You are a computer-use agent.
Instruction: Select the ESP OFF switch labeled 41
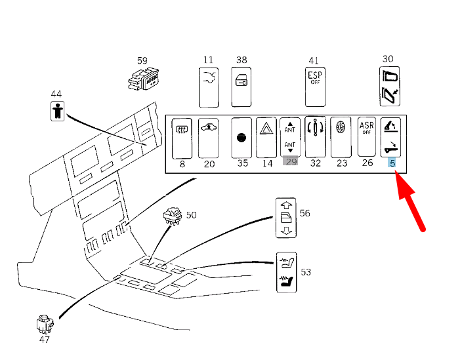coord(316,86)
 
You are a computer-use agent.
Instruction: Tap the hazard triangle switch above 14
coord(265,136)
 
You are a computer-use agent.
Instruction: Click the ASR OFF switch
coord(367,136)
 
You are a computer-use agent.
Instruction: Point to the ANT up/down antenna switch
coord(290,136)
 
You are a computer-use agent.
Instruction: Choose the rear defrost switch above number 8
coord(182,136)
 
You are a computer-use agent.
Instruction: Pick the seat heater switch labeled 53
coord(286,272)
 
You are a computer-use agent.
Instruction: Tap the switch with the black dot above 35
coord(242,137)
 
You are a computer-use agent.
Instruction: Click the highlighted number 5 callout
coord(392,163)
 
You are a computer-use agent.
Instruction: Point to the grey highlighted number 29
coord(291,162)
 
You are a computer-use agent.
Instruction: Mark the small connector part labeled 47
coord(44,323)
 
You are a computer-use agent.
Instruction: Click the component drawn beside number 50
coord(172,216)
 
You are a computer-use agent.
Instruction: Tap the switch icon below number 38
coord(241,86)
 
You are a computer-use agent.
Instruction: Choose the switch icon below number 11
coord(209,86)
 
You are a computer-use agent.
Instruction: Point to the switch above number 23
coord(341,136)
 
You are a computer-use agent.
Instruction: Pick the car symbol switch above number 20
coord(209,136)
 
